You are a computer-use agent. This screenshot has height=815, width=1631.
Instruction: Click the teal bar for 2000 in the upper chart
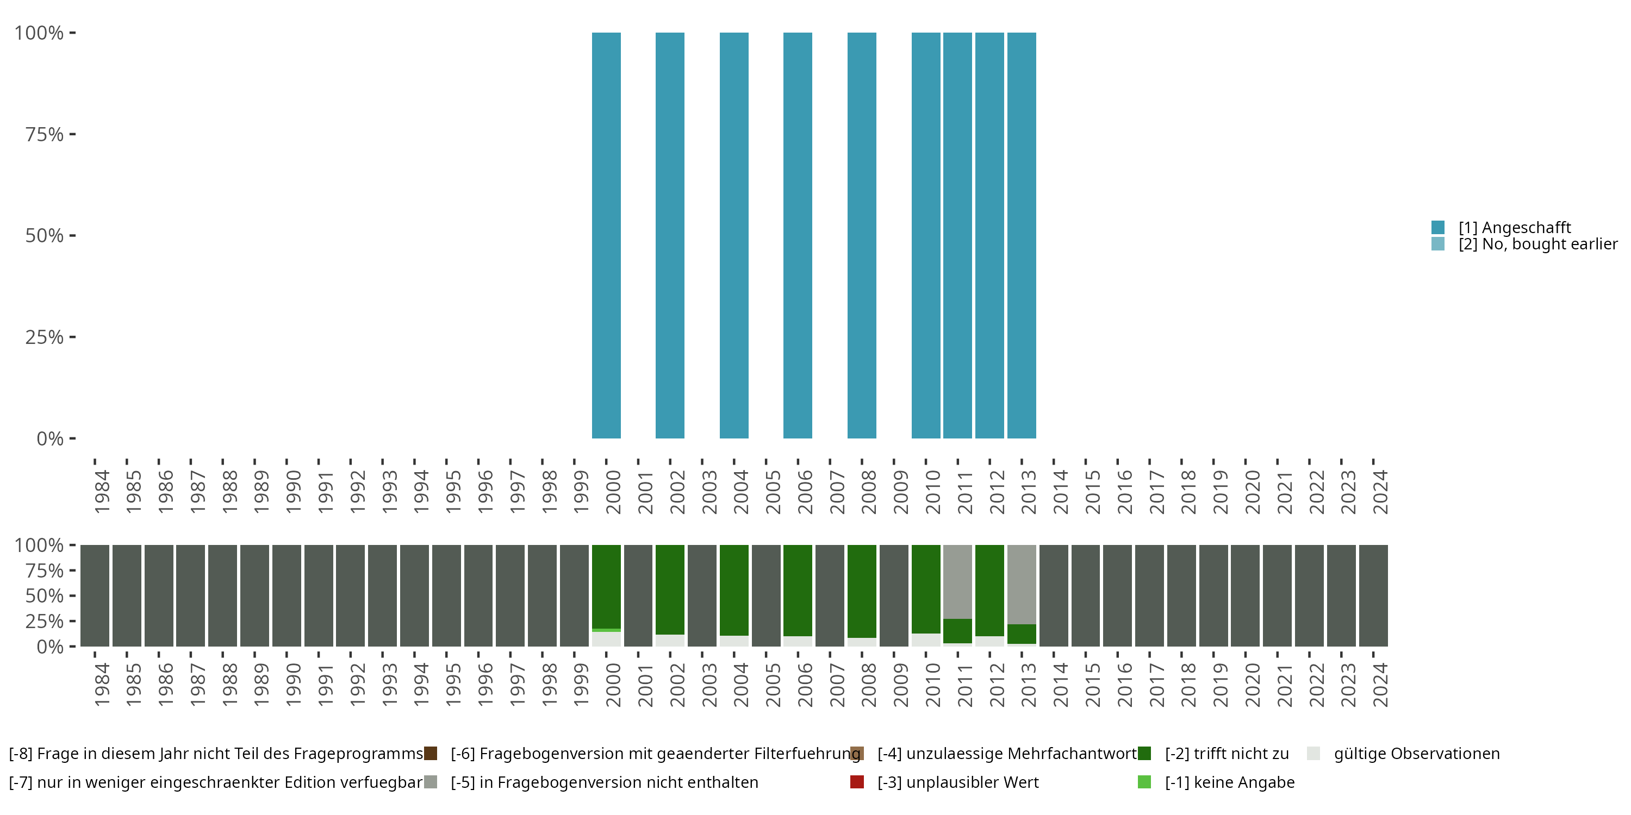[606, 235]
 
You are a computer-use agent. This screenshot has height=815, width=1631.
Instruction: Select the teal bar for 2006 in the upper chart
[797, 235]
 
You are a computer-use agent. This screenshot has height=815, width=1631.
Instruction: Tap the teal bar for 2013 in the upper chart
[1021, 235]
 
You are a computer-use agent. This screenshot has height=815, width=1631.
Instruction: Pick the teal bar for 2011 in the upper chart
[957, 235]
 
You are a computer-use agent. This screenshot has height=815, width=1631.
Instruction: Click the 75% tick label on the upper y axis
[45, 134]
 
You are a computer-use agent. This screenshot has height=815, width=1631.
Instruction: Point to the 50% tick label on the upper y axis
[45, 235]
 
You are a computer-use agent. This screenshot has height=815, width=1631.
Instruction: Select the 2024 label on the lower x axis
[1380, 685]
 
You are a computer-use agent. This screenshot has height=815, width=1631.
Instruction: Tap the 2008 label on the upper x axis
[869, 492]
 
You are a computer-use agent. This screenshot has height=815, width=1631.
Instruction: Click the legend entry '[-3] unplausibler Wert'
[957, 782]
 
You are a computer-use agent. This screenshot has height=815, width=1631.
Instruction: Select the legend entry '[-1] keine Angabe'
[1229, 782]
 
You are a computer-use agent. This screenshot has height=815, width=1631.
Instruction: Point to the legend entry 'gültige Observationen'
[1416, 754]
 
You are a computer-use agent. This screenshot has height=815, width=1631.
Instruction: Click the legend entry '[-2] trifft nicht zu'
[1227, 754]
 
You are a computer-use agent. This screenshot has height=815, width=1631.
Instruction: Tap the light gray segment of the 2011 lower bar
[957, 581]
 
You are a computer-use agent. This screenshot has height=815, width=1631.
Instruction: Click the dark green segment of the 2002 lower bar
[670, 588]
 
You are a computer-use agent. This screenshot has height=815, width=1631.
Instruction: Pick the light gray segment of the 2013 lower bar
[1021, 584]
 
